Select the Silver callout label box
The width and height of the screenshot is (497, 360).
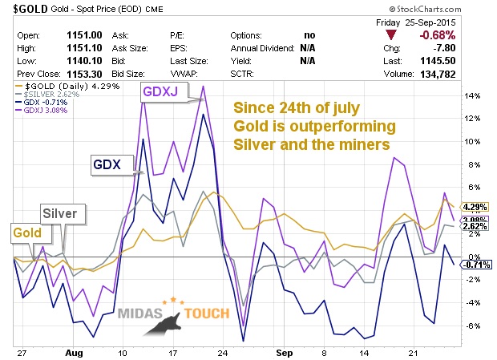point(59,214)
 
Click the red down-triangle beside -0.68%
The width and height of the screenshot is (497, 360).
point(390,35)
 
